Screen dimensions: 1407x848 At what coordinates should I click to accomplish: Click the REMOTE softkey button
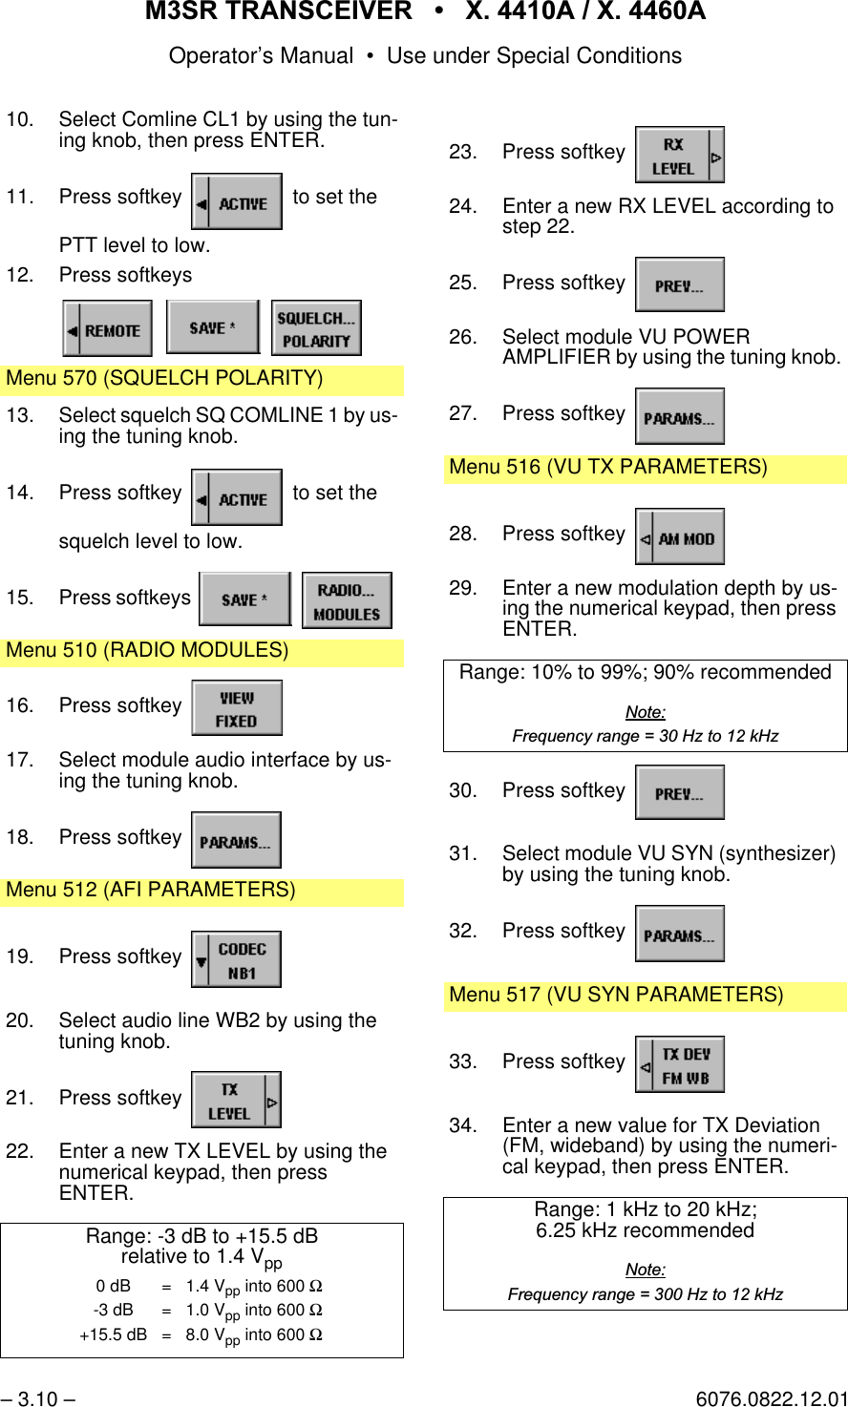(108, 329)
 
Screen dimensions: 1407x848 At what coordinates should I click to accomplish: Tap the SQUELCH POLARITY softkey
(316, 328)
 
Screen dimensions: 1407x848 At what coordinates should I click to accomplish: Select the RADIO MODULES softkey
(347, 600)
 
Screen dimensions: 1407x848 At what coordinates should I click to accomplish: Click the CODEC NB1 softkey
(237, 959)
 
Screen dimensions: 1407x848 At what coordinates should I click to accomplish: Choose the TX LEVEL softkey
(236, 1100)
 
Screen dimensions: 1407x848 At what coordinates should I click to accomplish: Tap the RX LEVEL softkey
(680, 155)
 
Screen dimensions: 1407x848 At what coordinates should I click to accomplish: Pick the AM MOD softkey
(680, 537)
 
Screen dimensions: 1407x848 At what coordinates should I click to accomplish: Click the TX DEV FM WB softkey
(680, 1065)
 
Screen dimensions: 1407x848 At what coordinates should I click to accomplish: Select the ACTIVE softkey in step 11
(237, 201)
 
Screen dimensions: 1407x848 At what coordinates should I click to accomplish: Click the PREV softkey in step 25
(680, 284)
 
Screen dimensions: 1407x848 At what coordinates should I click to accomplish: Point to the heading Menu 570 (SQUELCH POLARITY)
(164, 379)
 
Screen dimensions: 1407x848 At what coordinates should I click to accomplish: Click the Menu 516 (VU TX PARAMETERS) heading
(608, 468)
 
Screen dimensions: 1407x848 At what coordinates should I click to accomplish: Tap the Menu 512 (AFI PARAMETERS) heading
(151, 891)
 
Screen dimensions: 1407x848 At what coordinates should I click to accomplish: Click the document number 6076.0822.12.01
(772, 1399)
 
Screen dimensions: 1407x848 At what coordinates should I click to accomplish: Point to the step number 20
(19, 1021)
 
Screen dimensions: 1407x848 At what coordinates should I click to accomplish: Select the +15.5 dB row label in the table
(113, 1335)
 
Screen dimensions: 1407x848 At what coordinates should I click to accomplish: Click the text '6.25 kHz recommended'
(645, 1231)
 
